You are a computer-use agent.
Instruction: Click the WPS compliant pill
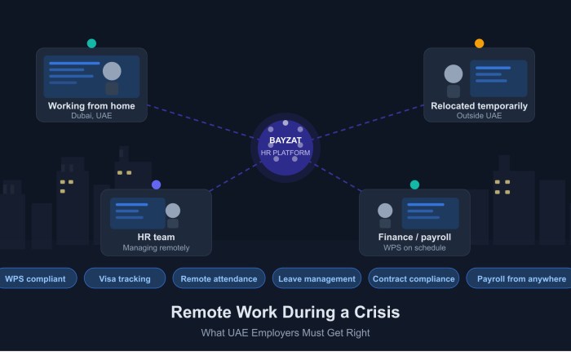pyautogui.click(x=35, y=278)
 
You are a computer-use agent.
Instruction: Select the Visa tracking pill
pyautogui.click(x=125, y=278)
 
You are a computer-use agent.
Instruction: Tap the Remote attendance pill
pyautogui.click(x=219, y=278)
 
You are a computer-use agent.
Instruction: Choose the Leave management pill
pyautogui.click(x=316, y=278)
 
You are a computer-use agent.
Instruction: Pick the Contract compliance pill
pyautogui.click(x=414, y=278)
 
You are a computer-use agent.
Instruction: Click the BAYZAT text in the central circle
pyautogui.click(x=285, y=140)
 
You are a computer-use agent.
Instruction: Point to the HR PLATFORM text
pyautogui.click(x=285, y=153)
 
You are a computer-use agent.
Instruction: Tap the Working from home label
pyautogui.click(x=91, y=105)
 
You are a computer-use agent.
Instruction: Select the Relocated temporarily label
pyautogui.click(x=479, y=105)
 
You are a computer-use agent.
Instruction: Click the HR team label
pyautogui.click(x=156, y=237)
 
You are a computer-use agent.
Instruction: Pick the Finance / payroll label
pyautogui.click(x=414, y=237)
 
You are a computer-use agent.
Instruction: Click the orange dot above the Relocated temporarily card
pyautogui.click(x=480, y=43)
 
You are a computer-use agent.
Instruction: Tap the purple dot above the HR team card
pyautogui.click(x=157, y=184)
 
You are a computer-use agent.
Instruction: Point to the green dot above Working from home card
pyautogui.click(x=91, y=43)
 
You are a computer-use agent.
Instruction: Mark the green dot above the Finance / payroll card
pyautogui.click(x=414, y=184)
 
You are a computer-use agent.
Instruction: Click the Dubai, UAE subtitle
pyautogui.click(x=91, y=116)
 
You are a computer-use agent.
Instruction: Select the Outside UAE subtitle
pyautogui.click(x=479, y=116)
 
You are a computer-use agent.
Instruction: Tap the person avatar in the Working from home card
pyautogui.click(x=112, y=75)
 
